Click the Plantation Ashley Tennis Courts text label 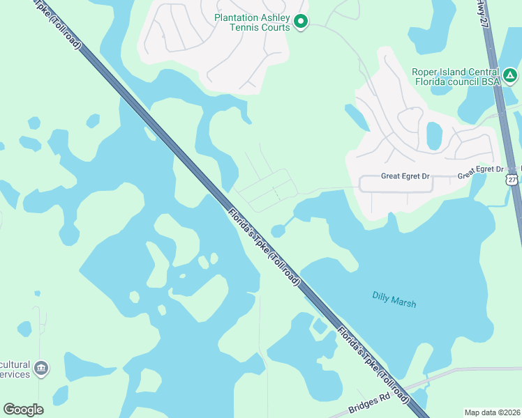coord(252,22)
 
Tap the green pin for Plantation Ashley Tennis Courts coord(301,22)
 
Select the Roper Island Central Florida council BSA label coord(456,77)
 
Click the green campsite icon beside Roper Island coord(510,75)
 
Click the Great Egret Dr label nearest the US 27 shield coord(480,170)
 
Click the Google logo coord(23,410)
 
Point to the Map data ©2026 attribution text coord(492,412)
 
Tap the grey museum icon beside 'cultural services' coord(41,367)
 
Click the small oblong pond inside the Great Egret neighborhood coord(433,135)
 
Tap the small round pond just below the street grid coord(278,231)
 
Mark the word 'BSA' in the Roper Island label coord(491,82)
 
